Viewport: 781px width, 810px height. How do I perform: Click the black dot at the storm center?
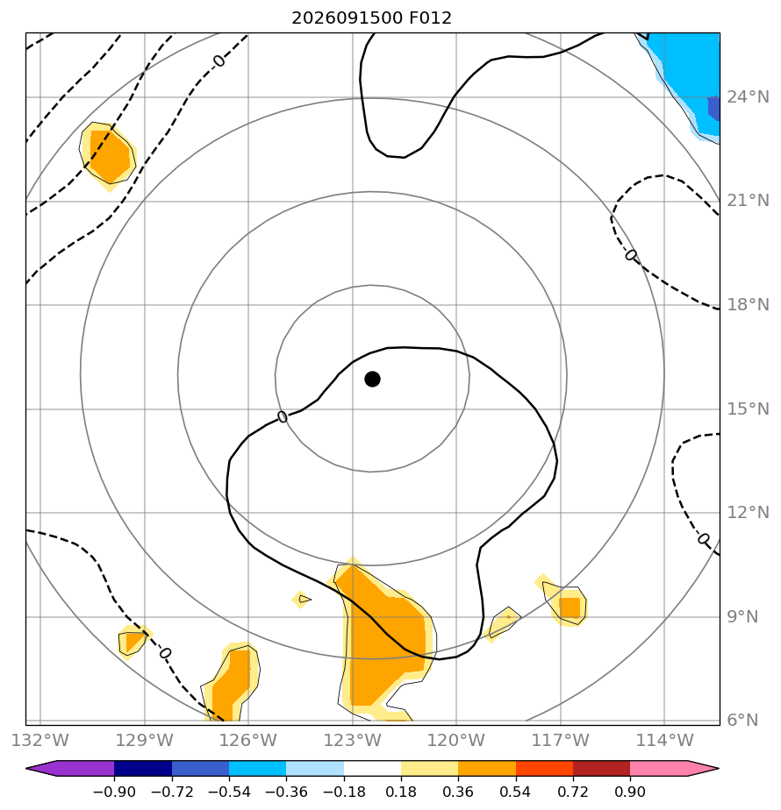pyautogui.click(x=372, y=380)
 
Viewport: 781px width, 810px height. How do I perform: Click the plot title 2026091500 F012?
pyautogui.click(x=371, y=18)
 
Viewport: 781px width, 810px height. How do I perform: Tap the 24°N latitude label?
pyautogui.click(x=748, y=97)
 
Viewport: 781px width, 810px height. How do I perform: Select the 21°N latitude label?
pyautogui.click(x=748, y=201)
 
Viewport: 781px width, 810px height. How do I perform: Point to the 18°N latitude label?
pyautogui.click(x=748, y=305)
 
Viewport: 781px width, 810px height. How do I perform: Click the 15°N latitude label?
pyautogui.click(x=748, y=409)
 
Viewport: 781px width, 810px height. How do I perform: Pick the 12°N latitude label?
pyautogui.click(x=748, y=513)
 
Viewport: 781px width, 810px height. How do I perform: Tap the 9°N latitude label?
pyautogui.click(x=742, y=617)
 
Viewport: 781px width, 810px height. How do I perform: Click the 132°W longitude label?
pyautogui.click(x=39, y=740)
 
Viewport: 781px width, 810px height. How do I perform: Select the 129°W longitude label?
pyautogui.click(x=144, y=740)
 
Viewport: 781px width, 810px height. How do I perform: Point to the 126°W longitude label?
pyautogui.click(x=248, y=740)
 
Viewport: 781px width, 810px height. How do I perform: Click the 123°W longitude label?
pyautogui.click(x=352, y=740)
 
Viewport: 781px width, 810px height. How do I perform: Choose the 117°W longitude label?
pyautogui.click(x=561, y=740)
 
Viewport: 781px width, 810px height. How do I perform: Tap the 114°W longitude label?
pyautogui.click(x=664, y=740)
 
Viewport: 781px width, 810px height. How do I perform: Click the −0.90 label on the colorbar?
pyautogui.click(x=114, y=792)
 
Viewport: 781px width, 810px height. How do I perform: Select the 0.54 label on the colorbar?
pyautogui.click(x=515, y=792)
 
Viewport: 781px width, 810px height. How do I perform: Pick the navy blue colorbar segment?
pyautogui.click(x=143, y=768)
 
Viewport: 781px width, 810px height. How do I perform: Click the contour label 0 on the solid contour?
pyautogui.click(x=283, y=416)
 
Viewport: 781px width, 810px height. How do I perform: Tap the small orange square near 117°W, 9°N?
pyautogui.click(x=570, y=607)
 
